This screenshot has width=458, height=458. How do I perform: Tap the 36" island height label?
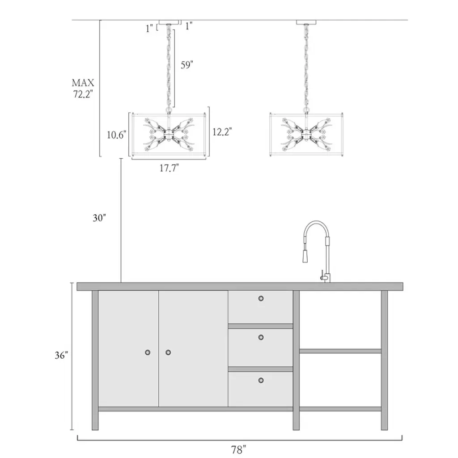(x=61, y=355)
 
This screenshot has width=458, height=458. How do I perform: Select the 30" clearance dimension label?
(x=99, y=218)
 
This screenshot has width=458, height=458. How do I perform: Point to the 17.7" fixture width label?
(x=169, y=168)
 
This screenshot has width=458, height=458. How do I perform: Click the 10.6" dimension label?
(x=116, y=135)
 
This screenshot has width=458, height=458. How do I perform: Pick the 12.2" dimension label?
(x=222, y=132)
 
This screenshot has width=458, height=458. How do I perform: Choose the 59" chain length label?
(x=187, y=65)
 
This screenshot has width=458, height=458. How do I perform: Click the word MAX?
(x=83, y=83)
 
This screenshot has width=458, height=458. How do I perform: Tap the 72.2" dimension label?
(x=83, y=94)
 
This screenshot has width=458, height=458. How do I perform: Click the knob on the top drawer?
(x=261, y=298)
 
